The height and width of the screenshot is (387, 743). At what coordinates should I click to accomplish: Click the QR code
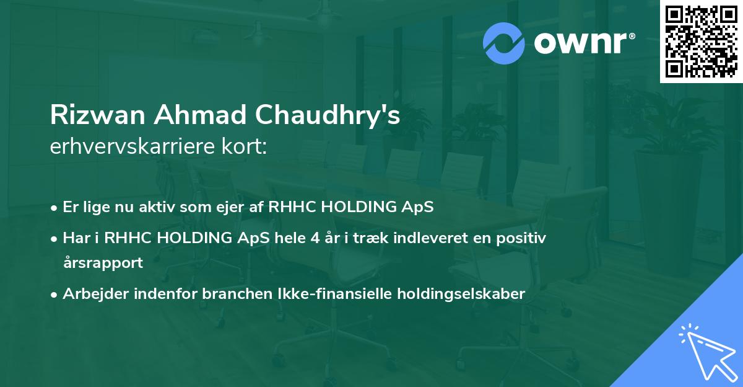701,42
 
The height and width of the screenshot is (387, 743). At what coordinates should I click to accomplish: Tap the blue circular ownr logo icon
503,43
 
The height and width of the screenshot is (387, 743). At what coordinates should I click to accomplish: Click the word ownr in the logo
581,43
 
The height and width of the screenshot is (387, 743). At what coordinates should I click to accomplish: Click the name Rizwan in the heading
98,115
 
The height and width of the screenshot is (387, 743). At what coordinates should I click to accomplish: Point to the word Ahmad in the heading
199,115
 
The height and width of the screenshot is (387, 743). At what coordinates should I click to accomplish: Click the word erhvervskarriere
133,146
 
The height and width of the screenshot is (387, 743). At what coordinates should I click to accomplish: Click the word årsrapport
103,262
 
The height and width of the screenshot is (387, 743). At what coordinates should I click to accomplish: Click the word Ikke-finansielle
335,293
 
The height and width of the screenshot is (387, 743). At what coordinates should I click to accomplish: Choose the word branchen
237,293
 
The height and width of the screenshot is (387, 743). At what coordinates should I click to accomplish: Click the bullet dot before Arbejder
54,295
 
